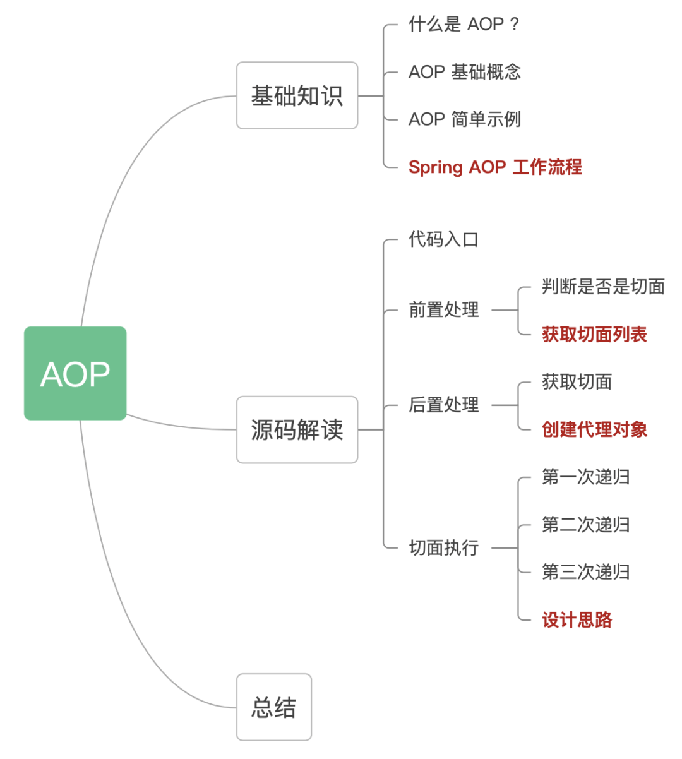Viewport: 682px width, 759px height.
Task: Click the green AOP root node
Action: pos(75,373)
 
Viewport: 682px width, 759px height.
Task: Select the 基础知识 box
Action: pos(297,95)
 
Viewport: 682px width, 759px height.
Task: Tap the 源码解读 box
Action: pos(297,430)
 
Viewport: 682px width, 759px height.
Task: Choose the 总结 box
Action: pos(274,707)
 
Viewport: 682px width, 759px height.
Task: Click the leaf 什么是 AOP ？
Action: pos(464,25)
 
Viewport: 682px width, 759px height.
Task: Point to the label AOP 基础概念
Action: pos(464,72)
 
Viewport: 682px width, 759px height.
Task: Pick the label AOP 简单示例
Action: pos(464,119)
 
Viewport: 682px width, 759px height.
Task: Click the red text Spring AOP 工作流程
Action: pos(495,167)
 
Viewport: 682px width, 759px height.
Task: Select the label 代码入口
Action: pos(443,240)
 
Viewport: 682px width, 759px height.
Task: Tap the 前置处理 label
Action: pos(443,310)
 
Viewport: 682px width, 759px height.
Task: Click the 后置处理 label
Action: pos(443,405)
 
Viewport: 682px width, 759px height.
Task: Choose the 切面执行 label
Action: pos(443,548)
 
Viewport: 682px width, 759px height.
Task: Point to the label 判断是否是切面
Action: pos(603,287)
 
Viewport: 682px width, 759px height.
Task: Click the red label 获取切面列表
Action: pos(594,335)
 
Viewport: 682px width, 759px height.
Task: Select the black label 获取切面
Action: pos(577,382)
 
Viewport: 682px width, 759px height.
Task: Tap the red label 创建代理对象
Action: pos(594,430)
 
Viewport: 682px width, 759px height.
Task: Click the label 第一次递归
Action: pos(585,477)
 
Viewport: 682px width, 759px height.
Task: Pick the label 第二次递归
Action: pos(585,525)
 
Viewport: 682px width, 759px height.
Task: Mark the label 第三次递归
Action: pos(585,572)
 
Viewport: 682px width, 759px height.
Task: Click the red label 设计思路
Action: pos(577,620)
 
